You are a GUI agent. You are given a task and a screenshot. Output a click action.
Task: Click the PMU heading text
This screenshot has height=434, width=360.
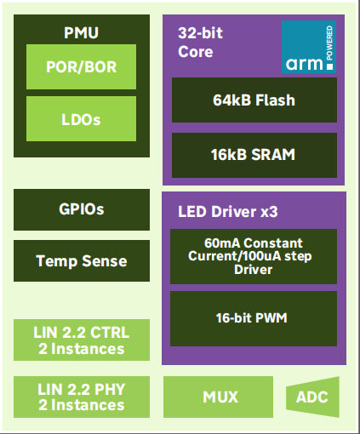81,32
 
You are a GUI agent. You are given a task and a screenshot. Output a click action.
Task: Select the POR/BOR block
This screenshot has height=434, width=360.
81,66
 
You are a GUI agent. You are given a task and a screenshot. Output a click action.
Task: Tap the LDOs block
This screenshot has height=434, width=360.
81,119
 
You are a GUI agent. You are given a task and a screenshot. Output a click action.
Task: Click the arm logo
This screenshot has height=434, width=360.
309,47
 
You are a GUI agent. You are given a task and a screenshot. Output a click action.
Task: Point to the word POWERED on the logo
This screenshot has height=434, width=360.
329,43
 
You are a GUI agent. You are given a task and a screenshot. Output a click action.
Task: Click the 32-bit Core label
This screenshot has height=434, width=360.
200,43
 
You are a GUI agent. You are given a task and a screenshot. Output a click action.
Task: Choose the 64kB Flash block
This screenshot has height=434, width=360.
254,100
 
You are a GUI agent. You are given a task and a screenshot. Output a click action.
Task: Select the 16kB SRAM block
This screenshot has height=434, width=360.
254,155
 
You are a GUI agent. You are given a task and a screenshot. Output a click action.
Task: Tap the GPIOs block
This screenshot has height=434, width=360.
82,209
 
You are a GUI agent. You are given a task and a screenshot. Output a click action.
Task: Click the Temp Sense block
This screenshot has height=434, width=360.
82,261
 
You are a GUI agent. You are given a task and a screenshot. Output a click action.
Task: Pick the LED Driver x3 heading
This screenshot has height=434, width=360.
228,212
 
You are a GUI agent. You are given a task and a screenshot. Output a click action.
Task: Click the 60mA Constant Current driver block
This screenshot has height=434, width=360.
254,256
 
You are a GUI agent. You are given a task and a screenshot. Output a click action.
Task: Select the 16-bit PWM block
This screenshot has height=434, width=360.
254,318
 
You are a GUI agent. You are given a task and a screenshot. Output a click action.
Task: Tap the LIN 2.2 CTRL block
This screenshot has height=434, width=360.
82,340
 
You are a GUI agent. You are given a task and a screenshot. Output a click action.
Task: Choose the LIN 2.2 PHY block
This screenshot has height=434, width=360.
82,397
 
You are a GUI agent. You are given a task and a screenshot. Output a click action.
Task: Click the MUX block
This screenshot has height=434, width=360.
218,397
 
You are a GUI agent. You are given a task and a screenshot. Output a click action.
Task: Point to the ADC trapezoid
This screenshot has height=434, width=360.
312,397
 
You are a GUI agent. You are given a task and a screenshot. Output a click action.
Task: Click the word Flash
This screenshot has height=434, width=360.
275,100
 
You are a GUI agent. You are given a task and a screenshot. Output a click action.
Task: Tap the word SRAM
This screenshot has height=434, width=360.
273,155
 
